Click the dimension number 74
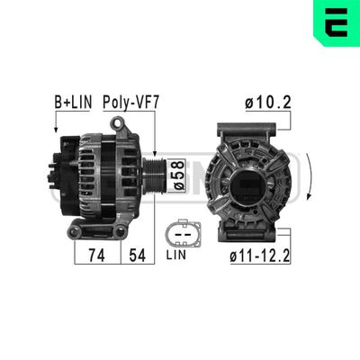coord(94,255)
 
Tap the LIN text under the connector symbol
coord(178,256)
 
